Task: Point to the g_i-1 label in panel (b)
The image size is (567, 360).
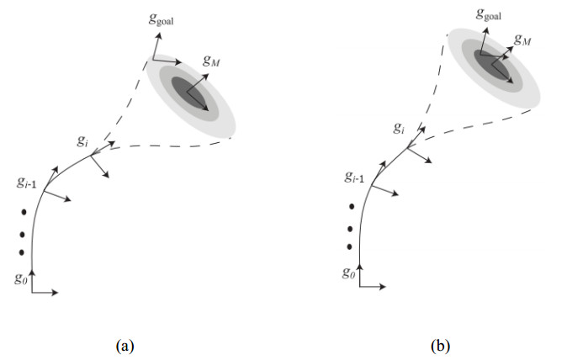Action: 354,177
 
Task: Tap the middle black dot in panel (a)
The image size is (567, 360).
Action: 24,231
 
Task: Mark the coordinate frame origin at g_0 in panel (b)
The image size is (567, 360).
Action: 360,287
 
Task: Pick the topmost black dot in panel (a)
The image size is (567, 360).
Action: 24,211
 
